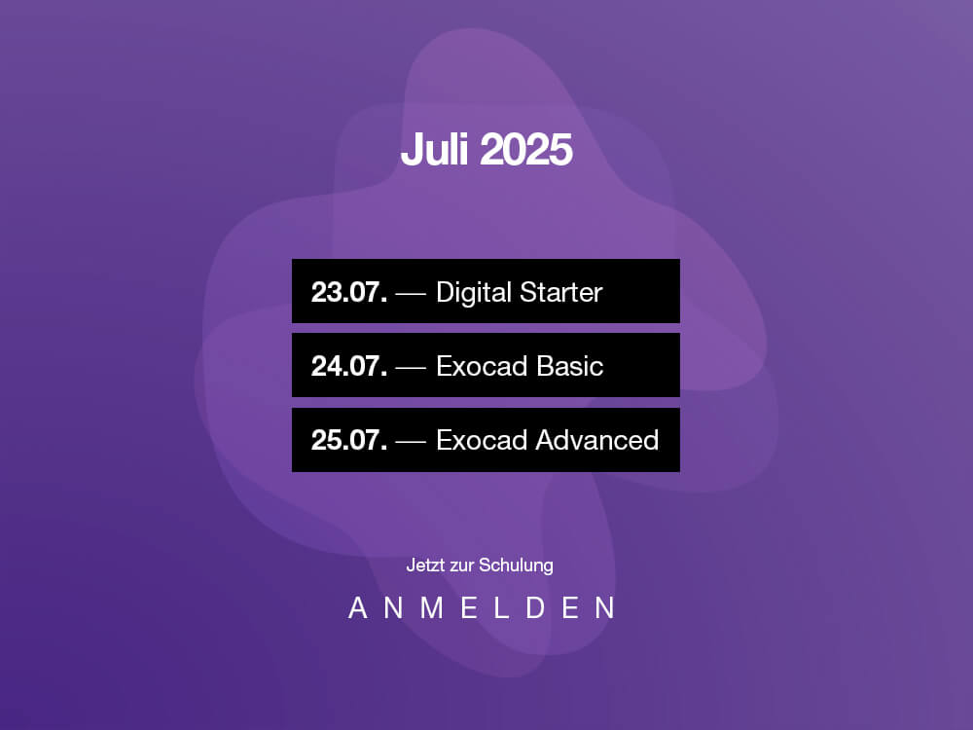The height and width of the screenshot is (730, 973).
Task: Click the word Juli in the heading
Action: coord(434,149)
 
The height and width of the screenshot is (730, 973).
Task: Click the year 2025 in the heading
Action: coord(525,150)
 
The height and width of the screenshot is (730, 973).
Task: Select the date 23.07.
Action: coord(349,292)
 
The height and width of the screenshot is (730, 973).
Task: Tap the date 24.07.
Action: coord(349,366)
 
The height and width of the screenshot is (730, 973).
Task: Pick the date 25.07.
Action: coord(349,440)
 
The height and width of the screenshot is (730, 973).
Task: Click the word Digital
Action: coord(474,293)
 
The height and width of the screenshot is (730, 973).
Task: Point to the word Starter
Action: coord(561,292)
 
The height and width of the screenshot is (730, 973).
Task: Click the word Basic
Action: coord(569,366)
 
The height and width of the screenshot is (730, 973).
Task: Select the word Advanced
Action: coord(596,440)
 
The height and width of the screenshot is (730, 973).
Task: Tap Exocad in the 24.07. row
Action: coord(483,366)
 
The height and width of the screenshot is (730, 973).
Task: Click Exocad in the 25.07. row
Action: coord(483,440)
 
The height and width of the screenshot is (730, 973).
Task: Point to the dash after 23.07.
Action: coord(411,294)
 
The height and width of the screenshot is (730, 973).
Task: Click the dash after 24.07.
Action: coord(411,368)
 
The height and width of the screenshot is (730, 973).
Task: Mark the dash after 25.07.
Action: coord(411,442)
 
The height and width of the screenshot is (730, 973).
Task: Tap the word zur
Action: coord(461,566)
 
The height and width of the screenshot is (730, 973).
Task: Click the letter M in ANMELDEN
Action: coord(432,607)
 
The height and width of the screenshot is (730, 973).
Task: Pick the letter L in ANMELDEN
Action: coord(501,607)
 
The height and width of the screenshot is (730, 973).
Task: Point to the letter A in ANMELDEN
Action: coord(358,607)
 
